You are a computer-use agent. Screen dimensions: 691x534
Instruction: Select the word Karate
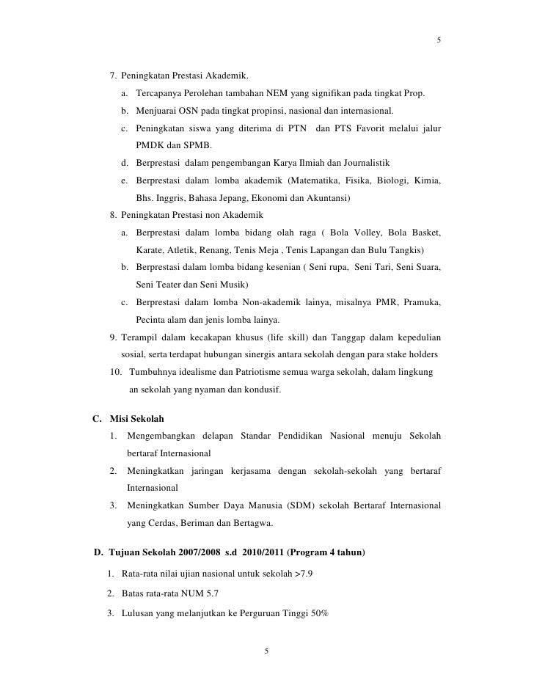coord(150,250)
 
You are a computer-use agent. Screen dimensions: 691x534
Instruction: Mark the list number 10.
coord(114,372)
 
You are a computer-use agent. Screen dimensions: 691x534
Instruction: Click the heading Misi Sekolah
coord(136,418)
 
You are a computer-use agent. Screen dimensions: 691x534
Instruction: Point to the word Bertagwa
coord(253,524)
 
